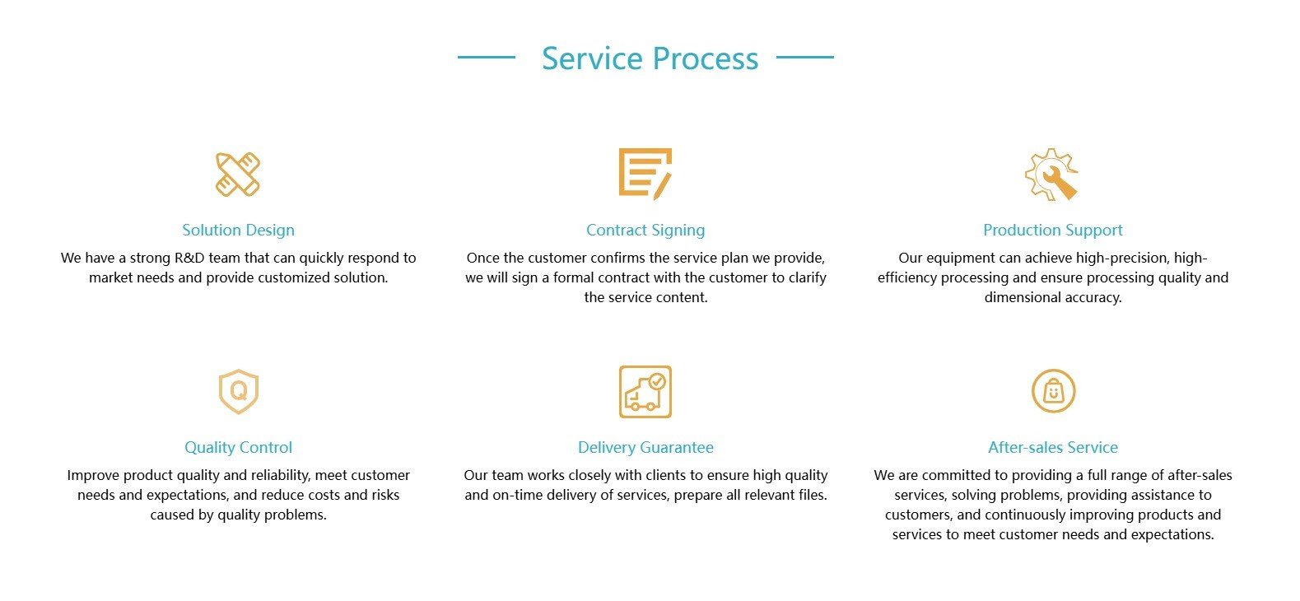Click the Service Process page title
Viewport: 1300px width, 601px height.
(650, 58)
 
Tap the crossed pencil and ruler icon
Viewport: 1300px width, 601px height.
(238, 175)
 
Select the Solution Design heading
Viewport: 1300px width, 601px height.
(238, 231)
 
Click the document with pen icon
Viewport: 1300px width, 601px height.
(645, 174)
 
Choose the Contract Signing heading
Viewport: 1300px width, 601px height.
(645, 231)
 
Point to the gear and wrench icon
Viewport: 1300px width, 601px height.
(1051, 175)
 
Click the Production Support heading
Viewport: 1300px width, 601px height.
(1053, 231)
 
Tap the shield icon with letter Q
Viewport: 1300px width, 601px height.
(239, 392)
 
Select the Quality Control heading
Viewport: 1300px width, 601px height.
(238, 447)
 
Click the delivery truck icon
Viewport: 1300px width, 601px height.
(645, 392)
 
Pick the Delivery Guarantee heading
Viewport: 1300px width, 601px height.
(645, 447)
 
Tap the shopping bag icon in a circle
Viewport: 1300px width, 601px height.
(1053, 391)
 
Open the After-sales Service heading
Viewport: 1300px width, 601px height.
(1053, 447)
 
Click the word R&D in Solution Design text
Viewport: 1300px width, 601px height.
(189, 258)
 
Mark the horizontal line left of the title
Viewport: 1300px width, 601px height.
(487, 57)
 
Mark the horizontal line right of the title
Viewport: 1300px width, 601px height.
(805, 57)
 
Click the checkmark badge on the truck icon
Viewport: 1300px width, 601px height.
(658, 381)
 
